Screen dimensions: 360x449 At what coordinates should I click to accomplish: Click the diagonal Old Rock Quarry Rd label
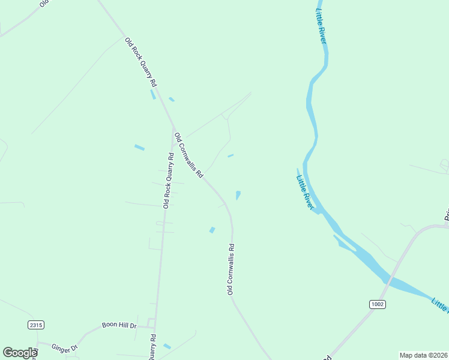141,62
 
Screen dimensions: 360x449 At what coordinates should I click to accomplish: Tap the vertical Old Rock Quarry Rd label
169,180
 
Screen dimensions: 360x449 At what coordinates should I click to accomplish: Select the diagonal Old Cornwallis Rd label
188,155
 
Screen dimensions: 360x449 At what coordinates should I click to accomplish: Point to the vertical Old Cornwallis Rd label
231,269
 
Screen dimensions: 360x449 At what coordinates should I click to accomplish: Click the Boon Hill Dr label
119,325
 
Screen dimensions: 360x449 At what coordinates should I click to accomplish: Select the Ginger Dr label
65,348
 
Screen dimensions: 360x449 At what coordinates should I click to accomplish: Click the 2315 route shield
36,325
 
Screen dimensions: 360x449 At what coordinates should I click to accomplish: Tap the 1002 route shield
377,304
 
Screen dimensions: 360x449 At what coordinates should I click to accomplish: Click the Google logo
20,352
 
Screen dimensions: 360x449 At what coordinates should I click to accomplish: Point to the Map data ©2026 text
423,355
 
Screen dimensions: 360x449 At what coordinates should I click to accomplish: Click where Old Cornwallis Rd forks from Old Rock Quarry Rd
173,129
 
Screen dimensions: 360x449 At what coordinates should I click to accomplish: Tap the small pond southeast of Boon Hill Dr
167,346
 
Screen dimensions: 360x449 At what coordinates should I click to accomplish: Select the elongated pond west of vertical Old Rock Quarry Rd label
139,147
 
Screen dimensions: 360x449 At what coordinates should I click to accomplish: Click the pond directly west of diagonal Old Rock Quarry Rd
152,94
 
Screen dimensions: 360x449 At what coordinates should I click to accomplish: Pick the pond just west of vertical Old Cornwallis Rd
212,230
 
